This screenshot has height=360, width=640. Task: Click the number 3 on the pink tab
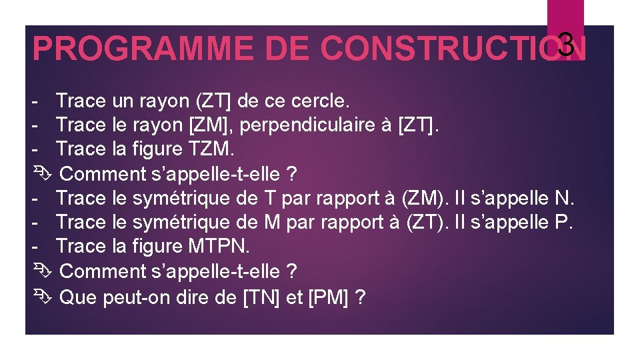565,45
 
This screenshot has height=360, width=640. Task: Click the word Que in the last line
79,296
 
